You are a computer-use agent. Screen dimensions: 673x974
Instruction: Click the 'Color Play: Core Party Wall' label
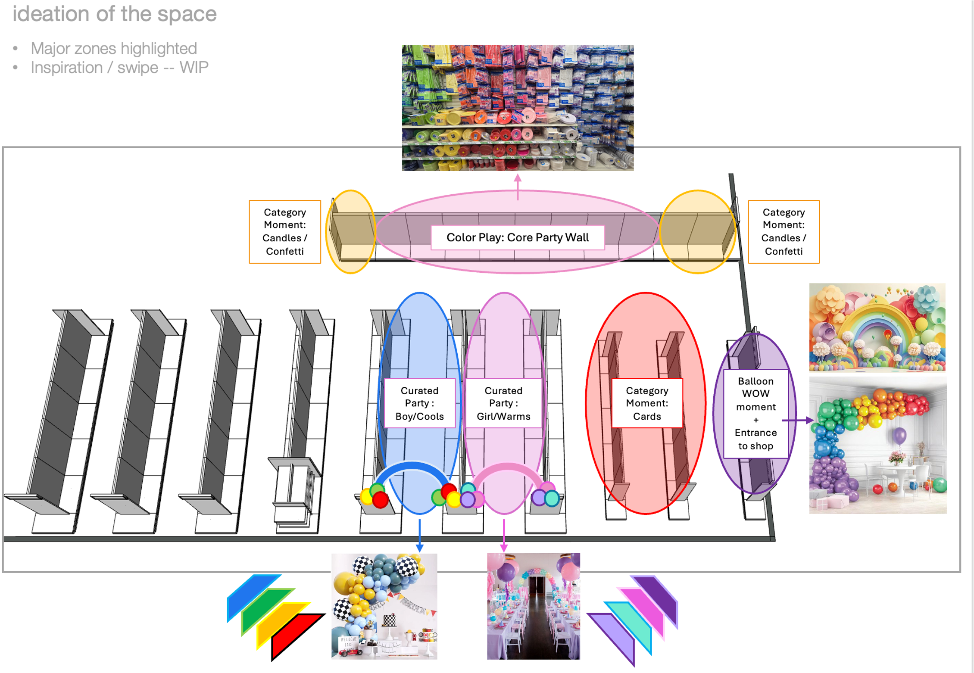point(517,237)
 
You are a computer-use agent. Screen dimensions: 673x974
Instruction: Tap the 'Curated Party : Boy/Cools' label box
point(419,403)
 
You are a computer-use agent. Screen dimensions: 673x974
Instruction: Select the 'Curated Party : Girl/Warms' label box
point(503,403)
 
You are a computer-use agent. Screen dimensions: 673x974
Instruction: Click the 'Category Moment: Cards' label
point(647,403)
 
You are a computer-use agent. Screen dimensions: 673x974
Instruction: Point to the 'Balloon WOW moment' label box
point(755,413)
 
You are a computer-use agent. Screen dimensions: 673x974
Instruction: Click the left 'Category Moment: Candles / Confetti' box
point(285,232)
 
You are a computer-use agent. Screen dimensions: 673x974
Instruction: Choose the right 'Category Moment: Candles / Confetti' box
point(784,232)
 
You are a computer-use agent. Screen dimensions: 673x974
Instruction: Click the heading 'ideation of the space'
point(115,14)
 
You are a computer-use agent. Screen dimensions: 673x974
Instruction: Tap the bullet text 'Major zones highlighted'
point(114,48)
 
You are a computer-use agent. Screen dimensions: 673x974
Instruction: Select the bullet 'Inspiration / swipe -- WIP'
point(119,68)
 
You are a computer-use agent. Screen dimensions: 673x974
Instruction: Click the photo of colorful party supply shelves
point(518,108)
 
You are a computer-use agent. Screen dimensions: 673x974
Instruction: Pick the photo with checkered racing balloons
point(384,606)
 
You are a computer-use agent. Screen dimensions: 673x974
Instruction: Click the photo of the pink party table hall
point(534,606)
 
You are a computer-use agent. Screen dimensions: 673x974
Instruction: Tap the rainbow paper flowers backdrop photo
point(877,327)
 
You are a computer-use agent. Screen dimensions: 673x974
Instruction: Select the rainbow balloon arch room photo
point(877,445)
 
